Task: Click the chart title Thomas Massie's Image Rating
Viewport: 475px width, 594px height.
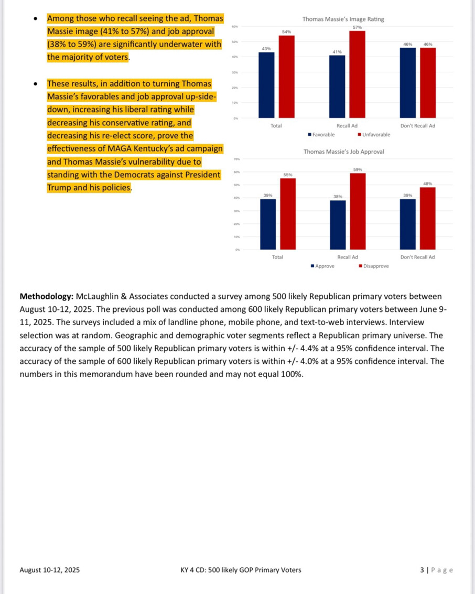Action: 343,19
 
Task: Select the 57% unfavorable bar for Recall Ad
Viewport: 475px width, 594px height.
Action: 357,74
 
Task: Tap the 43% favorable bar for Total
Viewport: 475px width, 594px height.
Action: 266,85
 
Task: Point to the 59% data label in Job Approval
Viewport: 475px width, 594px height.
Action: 358,170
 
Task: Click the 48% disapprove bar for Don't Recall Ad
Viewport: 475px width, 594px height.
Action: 427,218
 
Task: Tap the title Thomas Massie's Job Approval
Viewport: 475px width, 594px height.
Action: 343,152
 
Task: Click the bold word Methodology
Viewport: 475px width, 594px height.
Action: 46,297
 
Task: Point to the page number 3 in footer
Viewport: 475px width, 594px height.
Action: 422,570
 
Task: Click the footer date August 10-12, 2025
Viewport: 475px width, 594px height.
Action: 50,570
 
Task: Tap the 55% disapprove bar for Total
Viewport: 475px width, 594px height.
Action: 287,214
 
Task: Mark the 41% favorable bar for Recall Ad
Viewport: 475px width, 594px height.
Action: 337,87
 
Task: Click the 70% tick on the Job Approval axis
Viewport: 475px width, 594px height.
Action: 237,159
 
